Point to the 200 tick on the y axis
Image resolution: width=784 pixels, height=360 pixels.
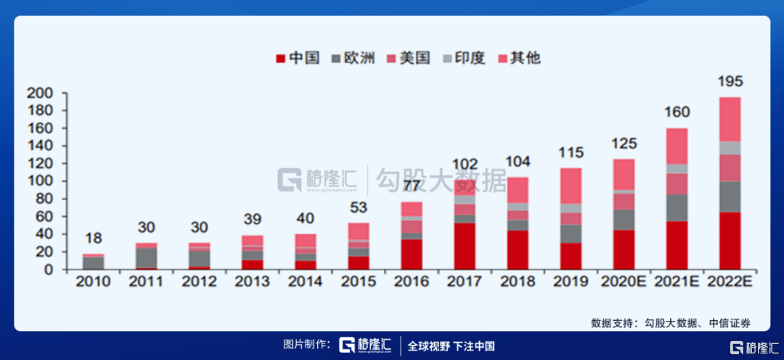pos(39,94)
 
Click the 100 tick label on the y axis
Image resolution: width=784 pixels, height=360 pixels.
pos(39,181)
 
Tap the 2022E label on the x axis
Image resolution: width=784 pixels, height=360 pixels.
pos(730,280)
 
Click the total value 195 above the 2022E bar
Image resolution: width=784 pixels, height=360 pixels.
pos(730,81)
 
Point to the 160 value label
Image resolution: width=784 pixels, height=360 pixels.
pos(677,112)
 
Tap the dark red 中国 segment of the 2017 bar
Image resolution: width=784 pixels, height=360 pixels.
pos(464,246)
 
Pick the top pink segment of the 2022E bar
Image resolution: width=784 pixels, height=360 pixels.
pos(730,119)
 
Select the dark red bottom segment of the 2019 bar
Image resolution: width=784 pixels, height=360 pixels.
pos(571,256)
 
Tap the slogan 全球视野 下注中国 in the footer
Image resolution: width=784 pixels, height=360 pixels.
pos(451,345)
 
